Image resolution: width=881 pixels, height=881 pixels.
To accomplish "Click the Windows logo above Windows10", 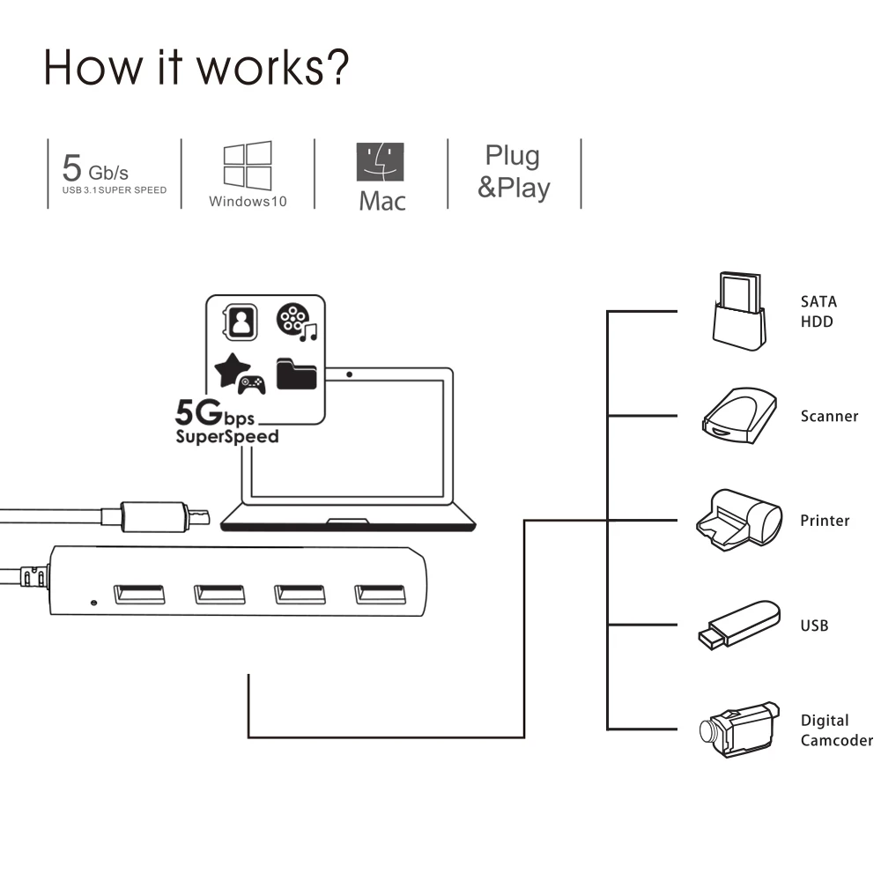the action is [x=248, y=166].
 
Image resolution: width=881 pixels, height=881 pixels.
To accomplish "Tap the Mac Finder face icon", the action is [x=380, y=162].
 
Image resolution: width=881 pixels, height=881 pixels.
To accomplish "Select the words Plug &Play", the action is [x=514, y=172].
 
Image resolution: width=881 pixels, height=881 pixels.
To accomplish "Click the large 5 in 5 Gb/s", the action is [x=72, y=167].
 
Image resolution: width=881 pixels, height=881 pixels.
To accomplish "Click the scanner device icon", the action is [x=739, y=416].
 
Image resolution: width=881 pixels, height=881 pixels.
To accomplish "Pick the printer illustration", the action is [x=739, y=520].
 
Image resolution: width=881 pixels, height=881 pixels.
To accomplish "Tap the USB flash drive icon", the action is [x=739, y=625].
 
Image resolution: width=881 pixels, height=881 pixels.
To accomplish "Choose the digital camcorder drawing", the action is [x=739, y=729].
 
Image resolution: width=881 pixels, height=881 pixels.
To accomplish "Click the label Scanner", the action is [x=829, y=417].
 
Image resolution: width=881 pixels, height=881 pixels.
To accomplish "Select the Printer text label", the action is [x=825, y=521].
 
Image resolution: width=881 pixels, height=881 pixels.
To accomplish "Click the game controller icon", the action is [x=251, y=385].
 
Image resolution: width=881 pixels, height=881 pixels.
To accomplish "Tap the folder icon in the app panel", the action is [x=297, y=374].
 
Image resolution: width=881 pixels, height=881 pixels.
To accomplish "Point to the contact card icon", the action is [x=241, y=322].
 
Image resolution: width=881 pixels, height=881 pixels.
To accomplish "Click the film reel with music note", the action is [x=297, y=322].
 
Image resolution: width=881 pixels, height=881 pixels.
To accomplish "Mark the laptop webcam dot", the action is [x=350, y=374].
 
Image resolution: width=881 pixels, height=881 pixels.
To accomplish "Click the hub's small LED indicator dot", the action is [x=94, y=603].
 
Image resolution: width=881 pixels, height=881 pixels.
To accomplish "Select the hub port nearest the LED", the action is [x=139, y=595].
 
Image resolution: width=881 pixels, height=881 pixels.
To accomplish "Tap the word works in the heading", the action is [x=260, y=68].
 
